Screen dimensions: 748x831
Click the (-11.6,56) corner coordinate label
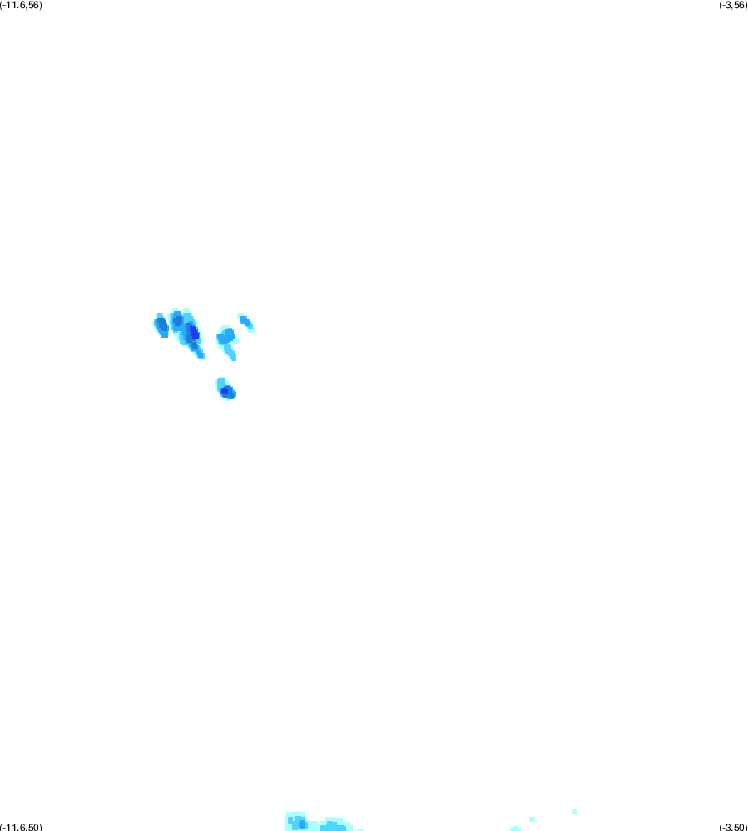click(x=21, y=5)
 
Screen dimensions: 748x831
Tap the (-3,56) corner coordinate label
click(x=733, y=5)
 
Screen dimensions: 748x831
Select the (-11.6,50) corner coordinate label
click(x=21, y=827)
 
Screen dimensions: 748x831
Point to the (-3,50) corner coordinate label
click(x=733, y=827)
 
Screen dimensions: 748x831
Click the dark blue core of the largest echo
click(x=194, y=333)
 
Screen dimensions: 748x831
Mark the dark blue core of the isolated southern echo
click(x=225, y=392)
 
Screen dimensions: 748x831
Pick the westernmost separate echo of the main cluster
click(x=161, y=325)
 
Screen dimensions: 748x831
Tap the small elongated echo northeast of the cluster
click(x=246, y=322)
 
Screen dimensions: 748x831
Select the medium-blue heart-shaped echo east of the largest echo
click(x=227, y=336)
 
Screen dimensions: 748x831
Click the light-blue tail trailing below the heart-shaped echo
click(x=230, y=352)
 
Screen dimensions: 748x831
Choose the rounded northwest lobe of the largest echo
click(x=176, y=320)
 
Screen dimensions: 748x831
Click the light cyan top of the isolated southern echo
click(x=220, y=382)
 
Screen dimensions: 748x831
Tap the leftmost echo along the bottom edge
click(x=297, y=822)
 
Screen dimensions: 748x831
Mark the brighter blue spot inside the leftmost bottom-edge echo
click(x=302, y=824)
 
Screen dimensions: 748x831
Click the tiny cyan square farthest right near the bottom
click(x=575, y=812)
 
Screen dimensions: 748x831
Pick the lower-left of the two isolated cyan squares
click(x=533, y=819)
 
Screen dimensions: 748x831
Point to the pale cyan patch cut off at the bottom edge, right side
click(x=515, y=829)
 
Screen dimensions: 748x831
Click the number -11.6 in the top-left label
click(x=15, y=5)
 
